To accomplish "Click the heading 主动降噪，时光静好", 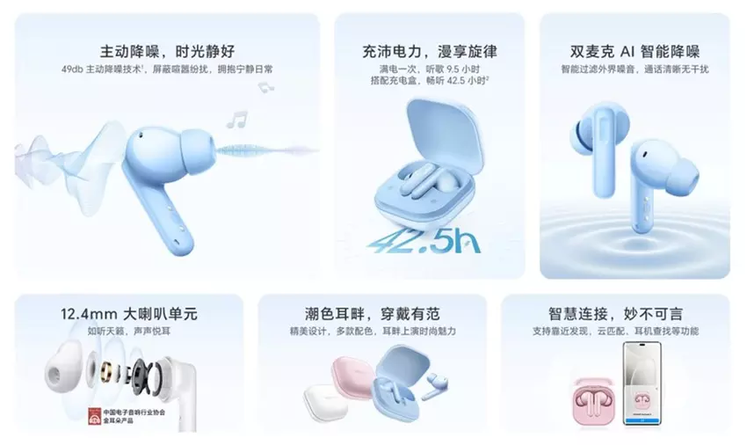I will [166, 50].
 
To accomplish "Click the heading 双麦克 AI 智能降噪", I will [634, 51].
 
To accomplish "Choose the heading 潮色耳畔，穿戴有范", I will [371, 313].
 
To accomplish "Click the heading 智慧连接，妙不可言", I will [614, 313].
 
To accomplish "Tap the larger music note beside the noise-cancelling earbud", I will [236, 118].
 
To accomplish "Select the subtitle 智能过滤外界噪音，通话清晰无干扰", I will [634, 69].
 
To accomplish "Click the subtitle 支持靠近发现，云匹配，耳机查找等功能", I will [614, 332].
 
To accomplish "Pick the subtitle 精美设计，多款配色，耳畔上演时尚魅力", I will [371, 332].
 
